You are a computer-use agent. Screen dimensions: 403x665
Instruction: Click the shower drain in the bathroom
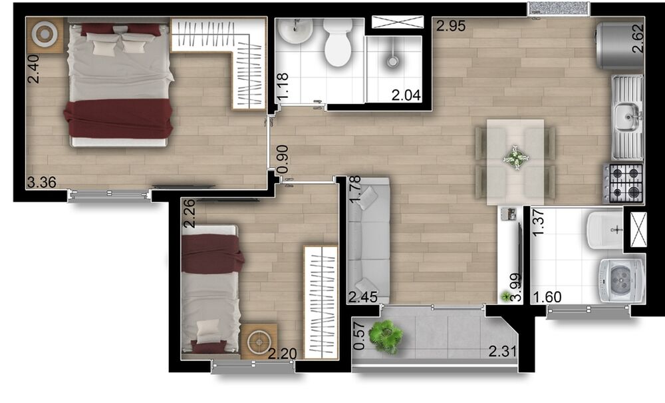[393, 61]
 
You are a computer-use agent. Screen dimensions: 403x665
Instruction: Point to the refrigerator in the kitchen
[618, 45]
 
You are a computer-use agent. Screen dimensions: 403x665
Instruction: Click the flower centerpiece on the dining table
[515, 158]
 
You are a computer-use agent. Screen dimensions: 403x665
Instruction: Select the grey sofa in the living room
[367, 240]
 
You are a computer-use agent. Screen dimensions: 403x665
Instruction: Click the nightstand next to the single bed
[258, 342]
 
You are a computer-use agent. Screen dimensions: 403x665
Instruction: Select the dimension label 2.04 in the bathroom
[406, 95]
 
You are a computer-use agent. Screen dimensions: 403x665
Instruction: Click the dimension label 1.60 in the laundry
[547, 296]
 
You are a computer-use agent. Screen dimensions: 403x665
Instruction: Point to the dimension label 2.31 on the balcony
[502, 351]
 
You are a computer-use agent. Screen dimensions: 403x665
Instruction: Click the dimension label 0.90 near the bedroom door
[282, 159]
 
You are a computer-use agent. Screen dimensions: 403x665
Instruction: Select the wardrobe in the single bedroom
[320, 302]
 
